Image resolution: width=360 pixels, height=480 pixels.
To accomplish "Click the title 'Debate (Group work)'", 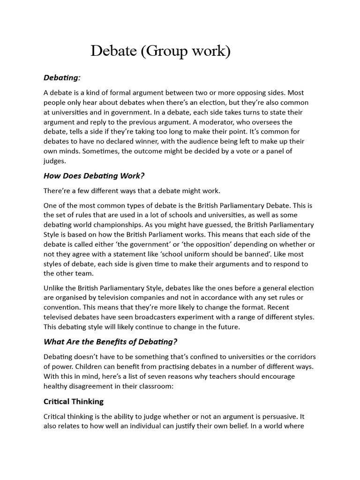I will point(161,51).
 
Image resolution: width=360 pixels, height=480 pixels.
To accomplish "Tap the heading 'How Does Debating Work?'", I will point(94,176).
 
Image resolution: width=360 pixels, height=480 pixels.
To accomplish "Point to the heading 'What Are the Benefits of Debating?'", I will point(111,341).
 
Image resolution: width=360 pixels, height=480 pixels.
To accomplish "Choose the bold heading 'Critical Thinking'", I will point(74,401).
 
